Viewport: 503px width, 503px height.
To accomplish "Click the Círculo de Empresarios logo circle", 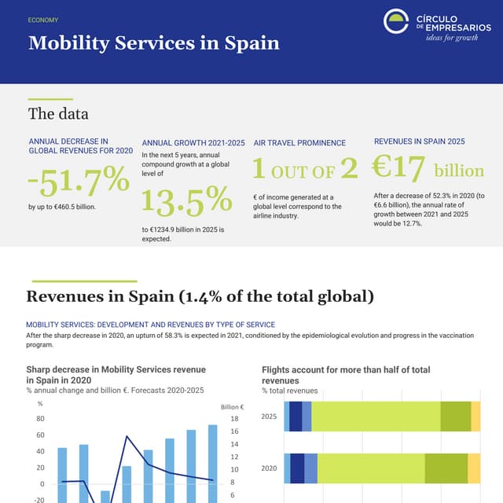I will pyautogui.click(x=396, y=21).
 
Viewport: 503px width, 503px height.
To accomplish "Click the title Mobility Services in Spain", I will pyautogui.click(x=153, y=42).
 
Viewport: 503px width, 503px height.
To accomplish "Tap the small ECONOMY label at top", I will pyautogui.click(x=42, y=20).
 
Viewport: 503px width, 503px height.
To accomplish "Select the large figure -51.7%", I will pyautogui.click(x=78, y=180).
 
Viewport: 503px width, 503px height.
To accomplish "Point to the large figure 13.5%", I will pyautogui.click(x=186, y=200).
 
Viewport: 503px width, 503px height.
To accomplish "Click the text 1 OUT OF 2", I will pyautogui.click(x=305, y=169).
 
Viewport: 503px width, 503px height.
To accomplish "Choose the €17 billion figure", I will pyautogui.click(x=428, y=168).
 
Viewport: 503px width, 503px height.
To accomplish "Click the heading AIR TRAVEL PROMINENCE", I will pyautogui.click(x=299, y=143).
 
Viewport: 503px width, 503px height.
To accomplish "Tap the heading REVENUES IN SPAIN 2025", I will pyautogui.click(x=419, y=141).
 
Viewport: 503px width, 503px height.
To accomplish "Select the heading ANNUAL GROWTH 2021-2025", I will pyautogui.click(x=193, y=143).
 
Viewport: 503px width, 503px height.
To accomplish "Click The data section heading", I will pyautogui.click(x=53, y=114).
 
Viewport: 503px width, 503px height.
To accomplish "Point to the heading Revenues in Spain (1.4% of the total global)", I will pyautogui.click(x=200, y=296).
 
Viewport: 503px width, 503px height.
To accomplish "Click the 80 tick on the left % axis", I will pyautogui.click(x=39, y=419).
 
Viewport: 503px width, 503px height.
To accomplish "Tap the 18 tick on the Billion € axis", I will pyautogui.click(x=234, y=419).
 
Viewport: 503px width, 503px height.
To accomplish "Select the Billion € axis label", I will pyautogui.click(x=232, y=406).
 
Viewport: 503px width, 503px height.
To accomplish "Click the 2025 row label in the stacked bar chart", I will pyautogui.click(x=269, y=417).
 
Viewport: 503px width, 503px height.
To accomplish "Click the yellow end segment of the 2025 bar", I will pyautogui.click(x=475, y=416).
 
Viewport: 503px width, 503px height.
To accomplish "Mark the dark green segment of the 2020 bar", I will pyautogui.click(x=446, y=468).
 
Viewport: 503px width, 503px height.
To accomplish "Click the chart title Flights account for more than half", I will pyautogui.click(x=346, y=374).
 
